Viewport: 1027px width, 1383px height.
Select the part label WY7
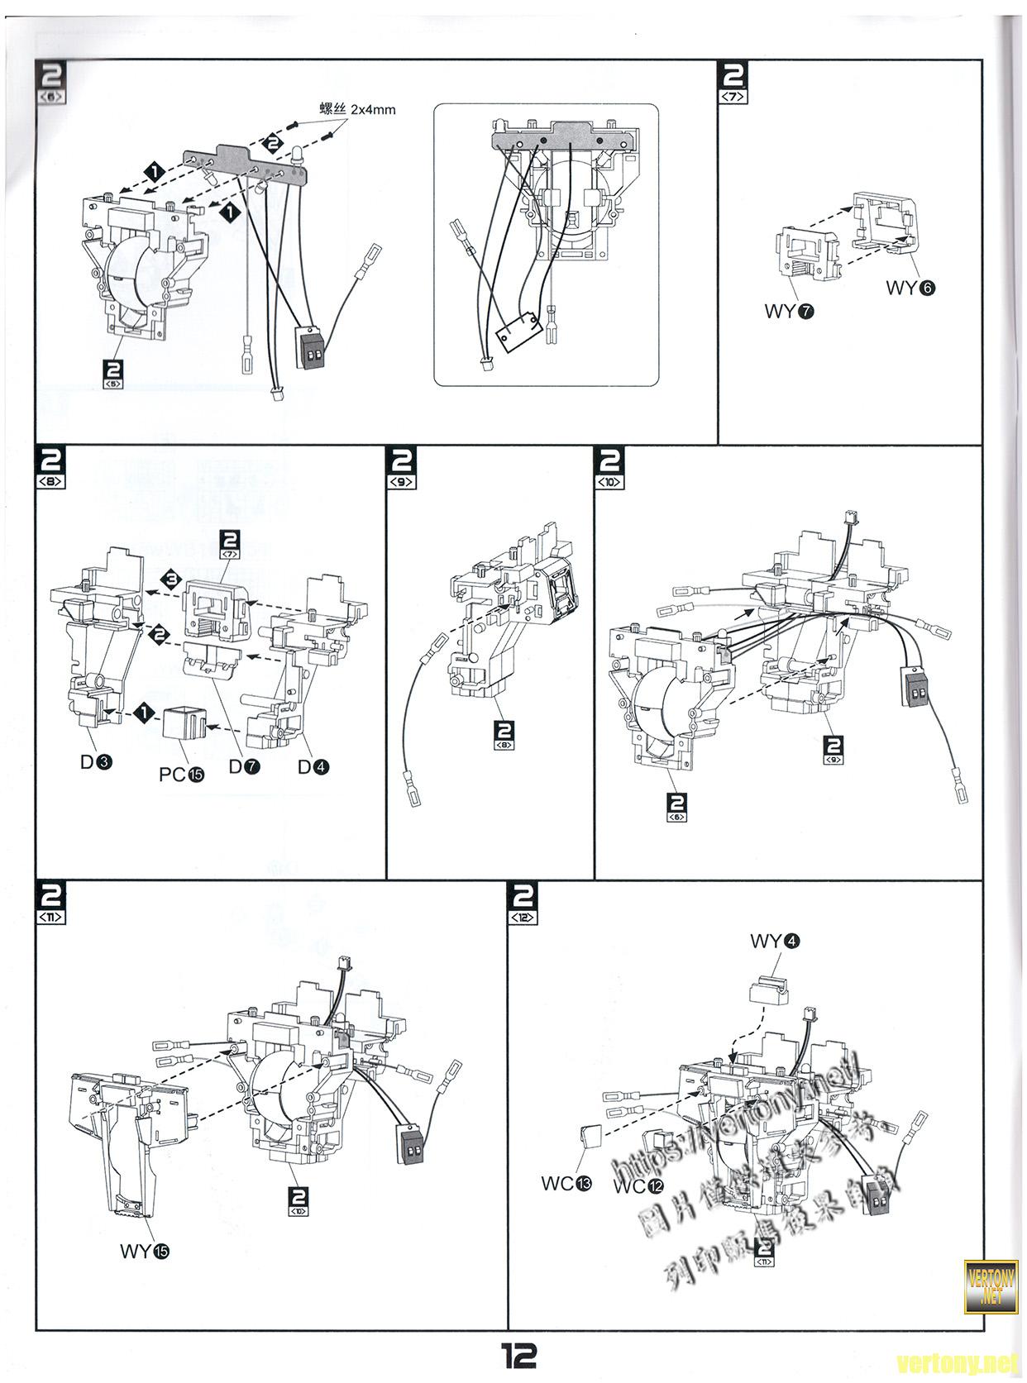[x=790, y=312]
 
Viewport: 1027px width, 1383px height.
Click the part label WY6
[x=910, y=288]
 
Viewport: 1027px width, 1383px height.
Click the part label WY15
[x=145, y=1251]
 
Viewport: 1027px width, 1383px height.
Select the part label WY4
[x=775, y=941]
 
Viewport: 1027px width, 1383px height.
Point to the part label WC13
[x=566, y=1184]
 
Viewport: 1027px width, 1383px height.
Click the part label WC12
[x=638, y=1186]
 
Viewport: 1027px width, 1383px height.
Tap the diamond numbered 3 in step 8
[x=171, y=579]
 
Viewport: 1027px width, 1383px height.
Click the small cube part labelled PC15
[x=181, y=725]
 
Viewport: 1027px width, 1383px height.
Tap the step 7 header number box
[x=733, y=82]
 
